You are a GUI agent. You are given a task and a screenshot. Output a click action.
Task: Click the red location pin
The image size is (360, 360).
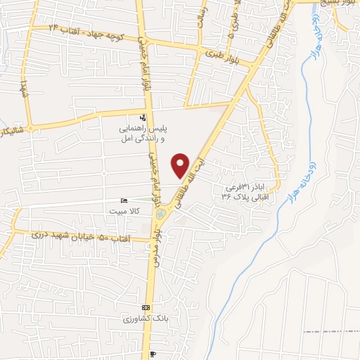[x=181, y=165]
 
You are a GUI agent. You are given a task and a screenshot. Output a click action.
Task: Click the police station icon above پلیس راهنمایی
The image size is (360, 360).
[x=143, y=118]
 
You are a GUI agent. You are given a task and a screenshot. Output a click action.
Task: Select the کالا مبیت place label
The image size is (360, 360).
[x=124, y=210]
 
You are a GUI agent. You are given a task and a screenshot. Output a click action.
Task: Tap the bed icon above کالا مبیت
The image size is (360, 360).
[x=124, y=200]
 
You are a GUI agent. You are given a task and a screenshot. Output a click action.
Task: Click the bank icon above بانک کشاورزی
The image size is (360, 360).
[x=146, y=308]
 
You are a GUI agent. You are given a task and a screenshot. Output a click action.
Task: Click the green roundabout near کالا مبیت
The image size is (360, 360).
[x=162, y=213]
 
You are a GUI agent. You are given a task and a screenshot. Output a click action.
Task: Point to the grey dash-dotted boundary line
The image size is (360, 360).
[x=330, y=330]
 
